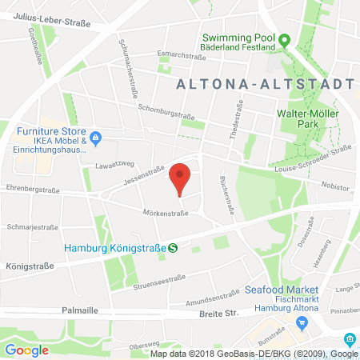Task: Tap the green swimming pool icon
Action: tap(283, 38)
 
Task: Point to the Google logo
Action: tap(26, 350)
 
